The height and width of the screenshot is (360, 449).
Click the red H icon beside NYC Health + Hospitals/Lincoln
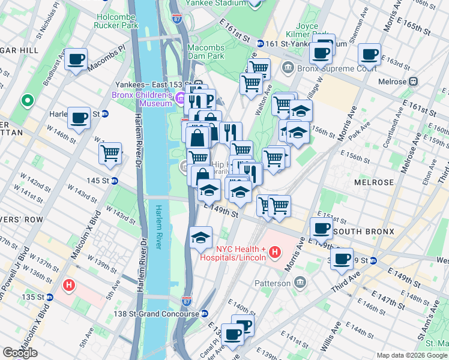pyautogui.click(x=275, y=252)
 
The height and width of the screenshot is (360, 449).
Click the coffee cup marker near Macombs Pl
pyautogui.click(x=76, y=59)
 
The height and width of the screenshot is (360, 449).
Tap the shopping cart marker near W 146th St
pyautogui.click(x=110, y=154)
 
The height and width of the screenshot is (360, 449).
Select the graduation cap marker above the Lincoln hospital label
pyautogui.click(x=201, y=238)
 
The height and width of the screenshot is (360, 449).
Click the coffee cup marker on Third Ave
pyautogui.click(x=342, y=259)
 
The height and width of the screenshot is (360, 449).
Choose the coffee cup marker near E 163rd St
pyautogui.click(x=369, y=55)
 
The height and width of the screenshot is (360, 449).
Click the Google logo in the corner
pyautogui.click(x=20, y=353)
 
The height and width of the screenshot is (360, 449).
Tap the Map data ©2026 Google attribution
pyautogui.click(x=412, y=355)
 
